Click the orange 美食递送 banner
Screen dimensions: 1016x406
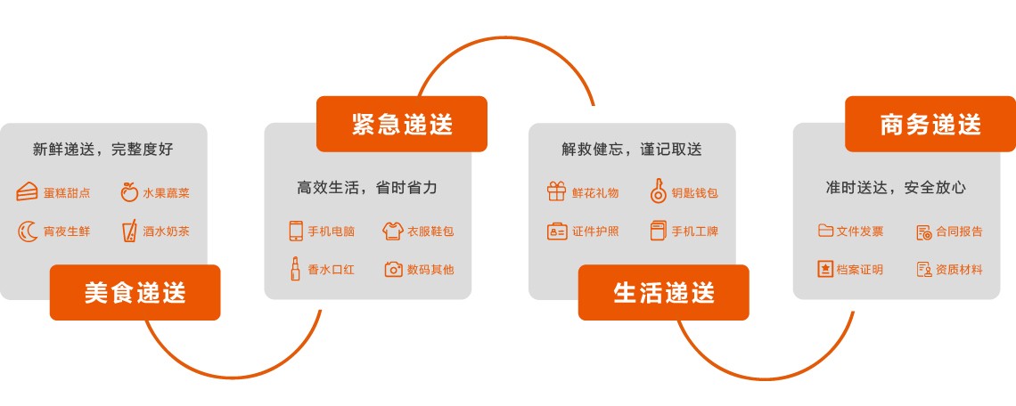(135, 293)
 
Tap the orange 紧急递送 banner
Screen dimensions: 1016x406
(402, 124)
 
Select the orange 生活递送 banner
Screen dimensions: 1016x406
(663, 293)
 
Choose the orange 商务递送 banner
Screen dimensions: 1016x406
(930, 124)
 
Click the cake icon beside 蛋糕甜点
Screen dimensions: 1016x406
(27, 192)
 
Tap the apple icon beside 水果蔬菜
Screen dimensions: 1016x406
(129, 192)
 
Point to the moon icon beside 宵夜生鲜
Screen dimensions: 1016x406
(28, 231)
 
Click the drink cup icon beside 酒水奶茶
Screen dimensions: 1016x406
(129, 231)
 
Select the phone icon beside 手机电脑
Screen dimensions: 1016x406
(296, 231)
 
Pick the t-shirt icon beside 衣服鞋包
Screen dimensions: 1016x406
(393, 231)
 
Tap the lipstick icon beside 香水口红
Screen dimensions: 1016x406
(296, 269)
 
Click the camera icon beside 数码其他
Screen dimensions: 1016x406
(393, 270)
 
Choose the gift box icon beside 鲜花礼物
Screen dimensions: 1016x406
(557, 191)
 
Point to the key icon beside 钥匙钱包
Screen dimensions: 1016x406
(659, 191)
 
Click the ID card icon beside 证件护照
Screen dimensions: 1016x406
(557, 231)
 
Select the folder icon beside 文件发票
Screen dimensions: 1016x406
(825, 231)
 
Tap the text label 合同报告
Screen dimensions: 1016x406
(959, 231)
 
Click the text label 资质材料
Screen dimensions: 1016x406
(959, 270)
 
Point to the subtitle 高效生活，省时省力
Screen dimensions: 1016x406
(367, 188)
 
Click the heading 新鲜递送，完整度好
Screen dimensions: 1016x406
(103, 149)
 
